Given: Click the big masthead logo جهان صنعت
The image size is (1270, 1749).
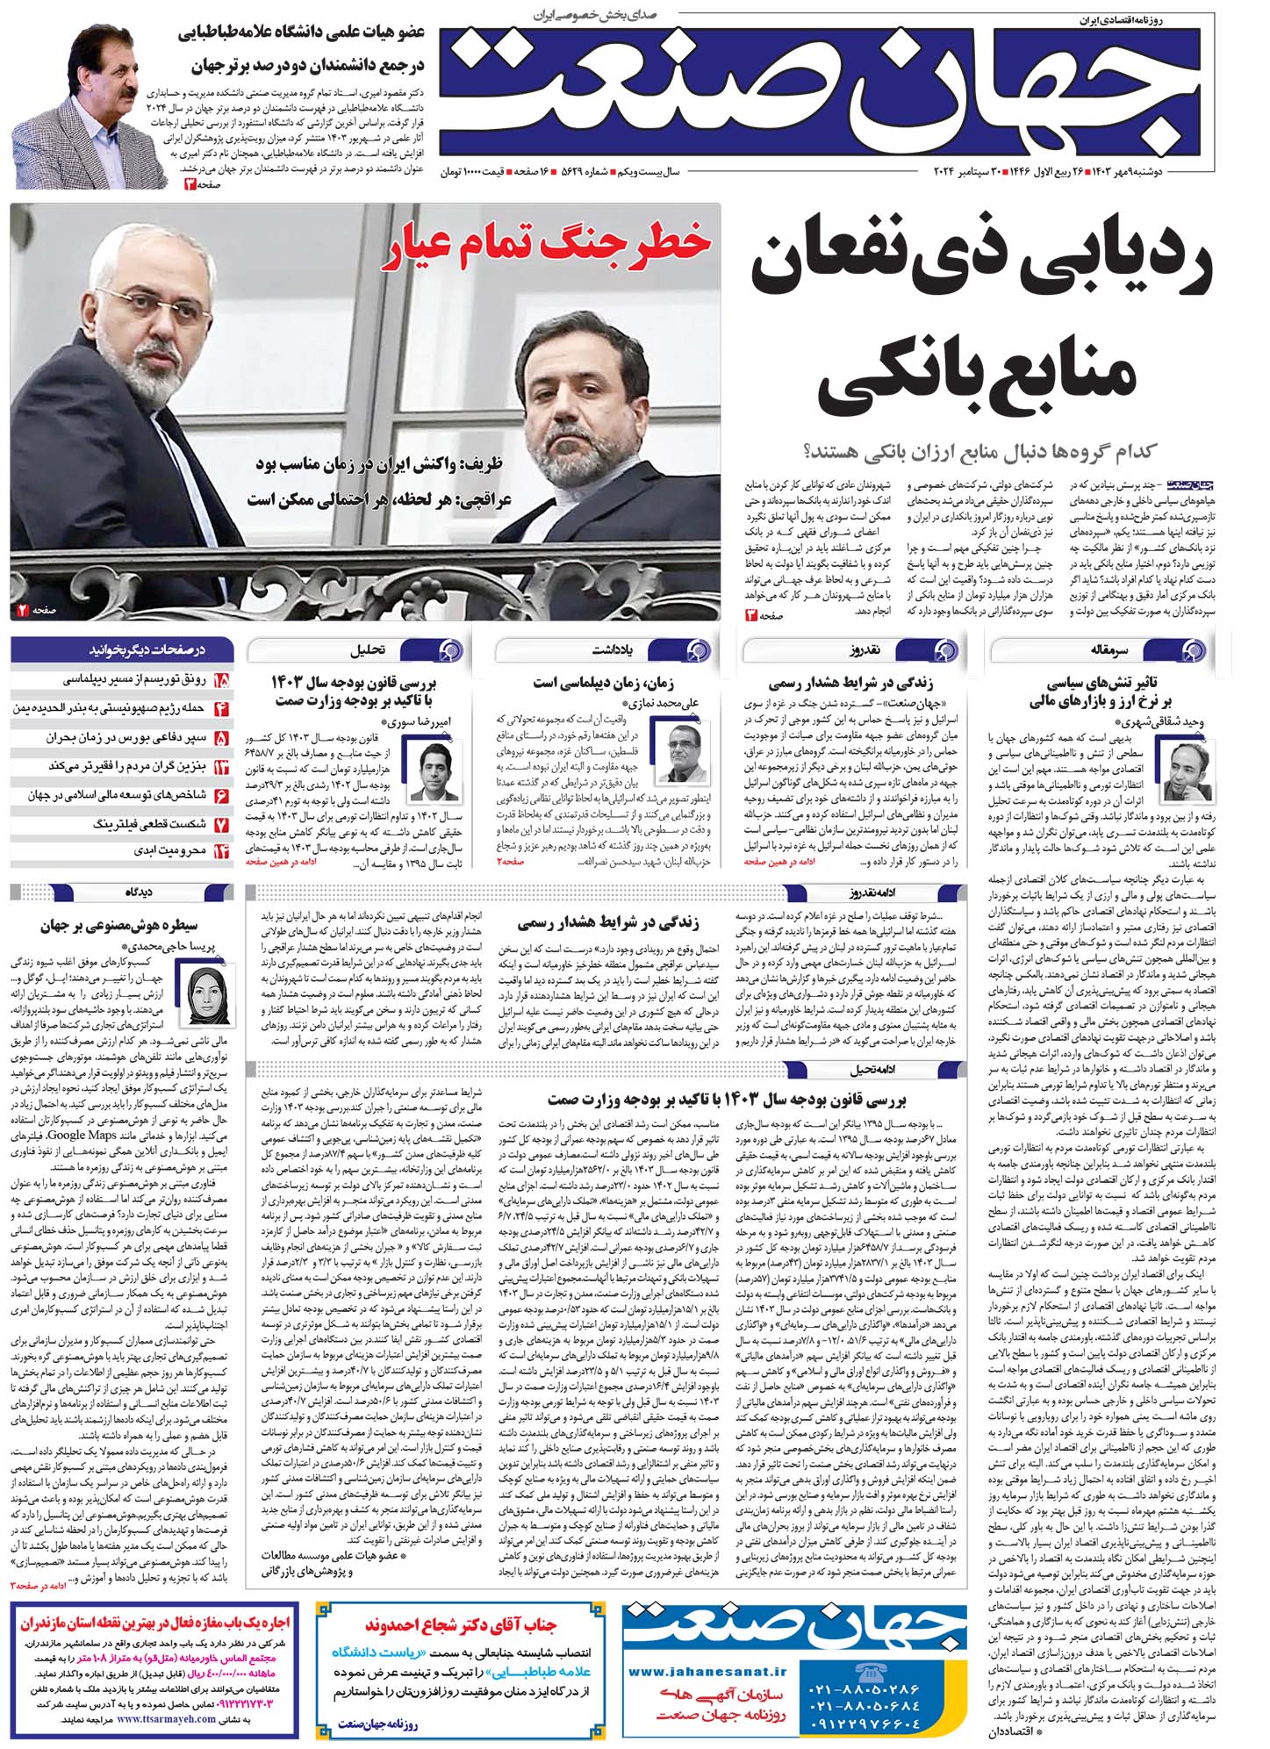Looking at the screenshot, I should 825,92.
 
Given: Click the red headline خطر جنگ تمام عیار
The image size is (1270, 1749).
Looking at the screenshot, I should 547,246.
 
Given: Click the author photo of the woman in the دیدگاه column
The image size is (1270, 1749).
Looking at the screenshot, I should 207,991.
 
